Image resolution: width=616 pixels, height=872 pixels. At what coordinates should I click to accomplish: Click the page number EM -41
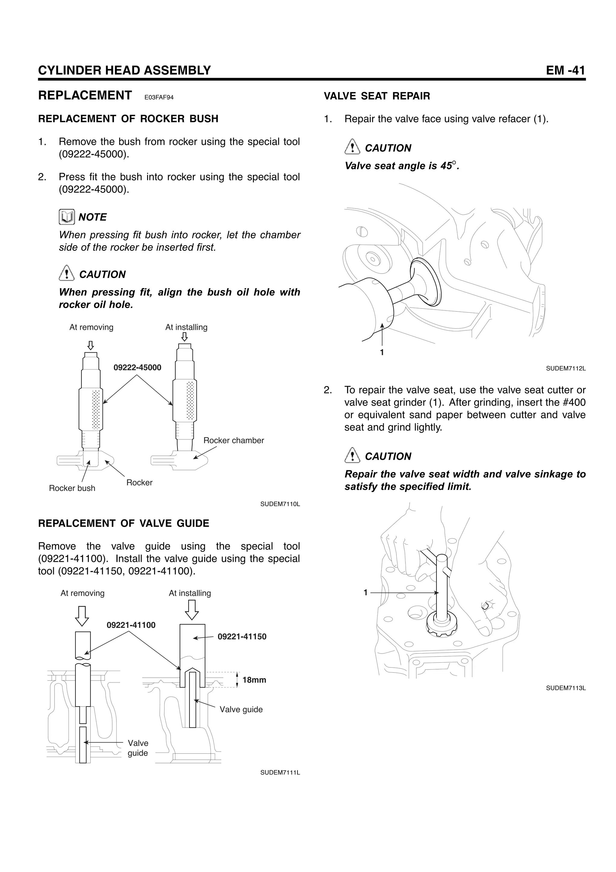tap(565, 70)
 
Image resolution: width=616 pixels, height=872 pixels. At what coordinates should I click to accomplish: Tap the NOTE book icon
tap(66, 217)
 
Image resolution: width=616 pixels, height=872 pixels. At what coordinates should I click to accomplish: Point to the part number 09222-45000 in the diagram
tap(137, 368)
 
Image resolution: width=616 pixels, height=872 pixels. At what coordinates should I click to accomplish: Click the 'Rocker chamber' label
tap(233, 441)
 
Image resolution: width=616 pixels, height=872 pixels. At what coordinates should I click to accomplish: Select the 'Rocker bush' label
tap(72, 488)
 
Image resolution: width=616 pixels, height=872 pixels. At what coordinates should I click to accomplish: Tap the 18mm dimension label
tap(254, 680)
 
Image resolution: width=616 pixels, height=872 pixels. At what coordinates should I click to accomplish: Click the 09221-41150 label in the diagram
tap(242, 637)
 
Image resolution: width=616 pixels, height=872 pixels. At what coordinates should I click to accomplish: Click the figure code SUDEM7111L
tap(280, 772)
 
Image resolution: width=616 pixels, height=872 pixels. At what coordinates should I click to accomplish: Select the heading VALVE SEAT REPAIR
tap(377, 96)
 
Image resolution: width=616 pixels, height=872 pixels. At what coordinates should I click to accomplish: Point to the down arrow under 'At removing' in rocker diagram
tap(90, 345)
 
